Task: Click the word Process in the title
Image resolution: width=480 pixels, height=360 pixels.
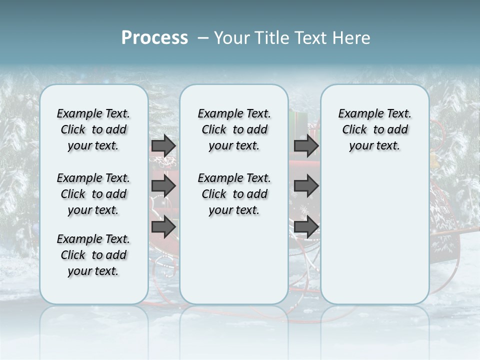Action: point(154,38)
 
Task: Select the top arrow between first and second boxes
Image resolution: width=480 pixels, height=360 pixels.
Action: point(163,146)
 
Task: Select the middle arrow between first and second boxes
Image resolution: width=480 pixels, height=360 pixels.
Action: point(163,186)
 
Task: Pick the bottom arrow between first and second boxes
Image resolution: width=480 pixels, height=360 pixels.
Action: point(163,227)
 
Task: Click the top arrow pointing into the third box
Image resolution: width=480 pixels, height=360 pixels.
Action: point(306,146)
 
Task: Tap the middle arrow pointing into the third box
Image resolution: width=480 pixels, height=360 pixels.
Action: point(306,186)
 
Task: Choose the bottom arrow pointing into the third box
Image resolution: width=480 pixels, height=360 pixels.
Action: point(306,227)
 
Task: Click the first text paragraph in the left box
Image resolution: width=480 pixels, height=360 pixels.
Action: point(93,129)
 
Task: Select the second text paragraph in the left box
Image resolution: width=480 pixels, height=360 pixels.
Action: point(93,194)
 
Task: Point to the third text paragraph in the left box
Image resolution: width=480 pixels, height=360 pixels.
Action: point(93,255)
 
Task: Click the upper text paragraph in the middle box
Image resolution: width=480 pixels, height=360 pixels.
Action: point(234,129)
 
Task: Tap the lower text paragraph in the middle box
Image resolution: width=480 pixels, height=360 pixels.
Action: point(234,194)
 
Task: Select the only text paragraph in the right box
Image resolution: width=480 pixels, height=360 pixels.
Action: point(374,129)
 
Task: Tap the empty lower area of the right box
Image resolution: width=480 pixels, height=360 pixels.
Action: point(374,235)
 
